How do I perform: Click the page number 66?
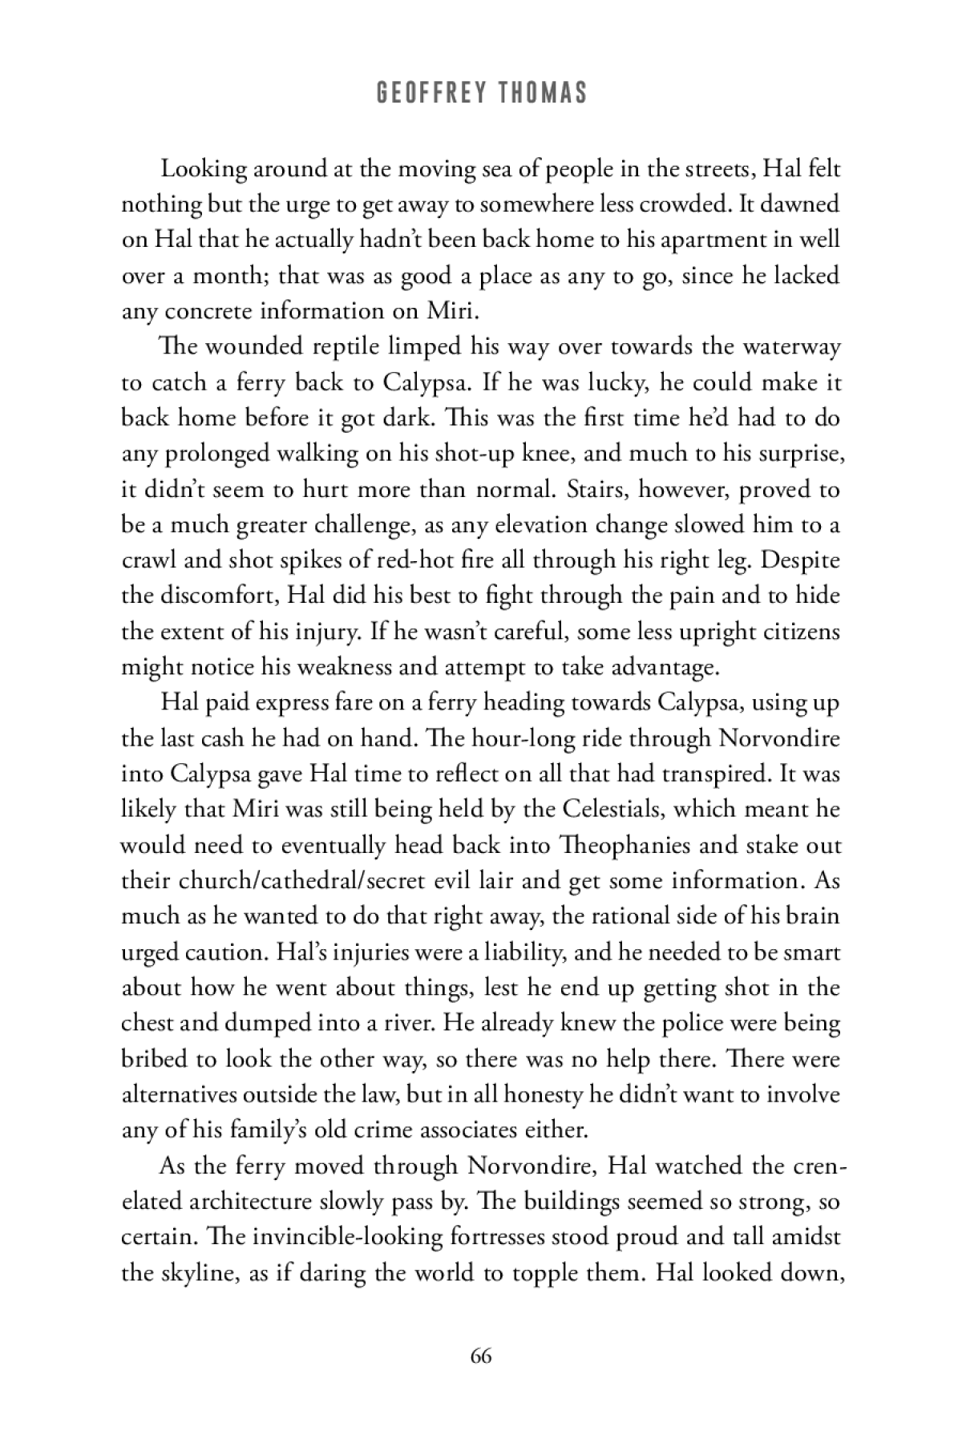481,1356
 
